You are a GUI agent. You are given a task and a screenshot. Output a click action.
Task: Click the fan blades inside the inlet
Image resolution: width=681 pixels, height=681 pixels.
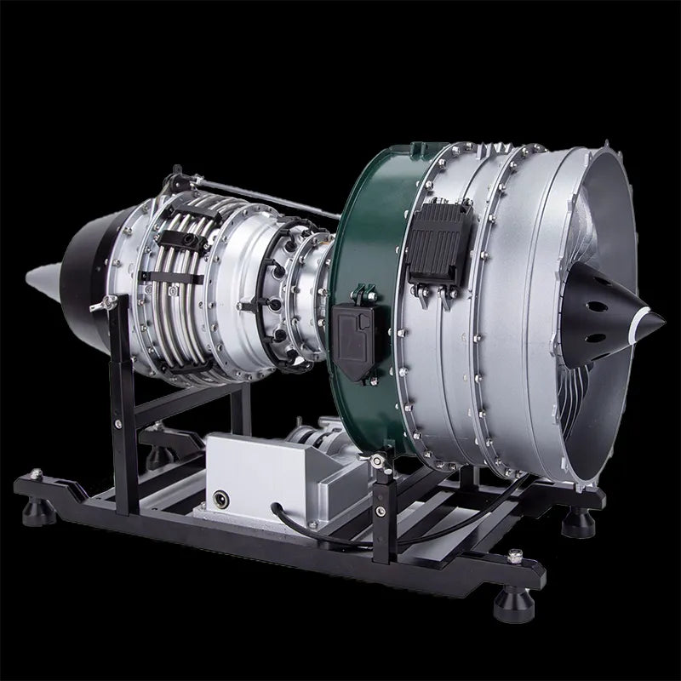point(587,375)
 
